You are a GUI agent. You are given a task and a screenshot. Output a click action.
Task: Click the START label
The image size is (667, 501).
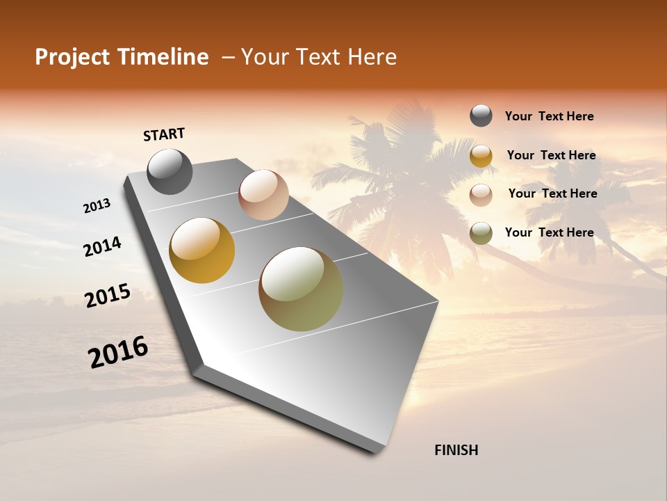pyautogui.click(x=164, y=134)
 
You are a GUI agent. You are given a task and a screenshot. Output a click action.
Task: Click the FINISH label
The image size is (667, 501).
pyautogui.click(x=456, y=450)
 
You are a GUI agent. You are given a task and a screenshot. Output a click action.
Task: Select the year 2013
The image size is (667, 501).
pyautogui.click(x=97, y=206)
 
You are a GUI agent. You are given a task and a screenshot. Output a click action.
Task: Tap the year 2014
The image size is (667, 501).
pyautogui.click(x=102, y=246)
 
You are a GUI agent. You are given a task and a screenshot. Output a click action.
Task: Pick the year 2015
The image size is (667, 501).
pyautogui.click(x=108, y=296)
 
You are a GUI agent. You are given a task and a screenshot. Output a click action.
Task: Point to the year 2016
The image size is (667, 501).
pyautogui.click(x=118, y=352)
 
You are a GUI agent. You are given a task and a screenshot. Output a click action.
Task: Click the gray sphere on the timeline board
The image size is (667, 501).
pyautogui.click(x=170, y=171)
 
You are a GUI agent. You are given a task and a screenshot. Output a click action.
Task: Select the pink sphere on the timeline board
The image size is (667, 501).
pyautogui.click(x=263, y=195)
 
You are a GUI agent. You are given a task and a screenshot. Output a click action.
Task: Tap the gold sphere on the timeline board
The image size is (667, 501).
pyautogui.click(x=201, y=250)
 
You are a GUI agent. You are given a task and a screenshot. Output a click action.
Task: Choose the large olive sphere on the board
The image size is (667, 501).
pyautogui.click(x=301, y=289)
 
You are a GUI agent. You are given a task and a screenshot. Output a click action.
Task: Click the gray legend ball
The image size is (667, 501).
pyautogui.click(x=481, y=116)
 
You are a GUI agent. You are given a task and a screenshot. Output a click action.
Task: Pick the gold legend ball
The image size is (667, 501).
pyautogui.click(x=481, y=155)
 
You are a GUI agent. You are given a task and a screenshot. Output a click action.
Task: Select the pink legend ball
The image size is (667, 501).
pyautogui.click(x=481, y=194)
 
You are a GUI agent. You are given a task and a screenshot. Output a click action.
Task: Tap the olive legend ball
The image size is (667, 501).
pyautogui.click(x=481, y=233)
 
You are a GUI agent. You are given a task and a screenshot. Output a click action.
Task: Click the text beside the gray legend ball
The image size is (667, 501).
pyautogui.click(x=549, y=116)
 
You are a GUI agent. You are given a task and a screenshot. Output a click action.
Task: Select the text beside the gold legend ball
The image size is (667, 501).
pyautogui.click(x=551, y=155)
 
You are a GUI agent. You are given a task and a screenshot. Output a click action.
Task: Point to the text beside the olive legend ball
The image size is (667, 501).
pyautogui.click(x=549, y=232)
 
